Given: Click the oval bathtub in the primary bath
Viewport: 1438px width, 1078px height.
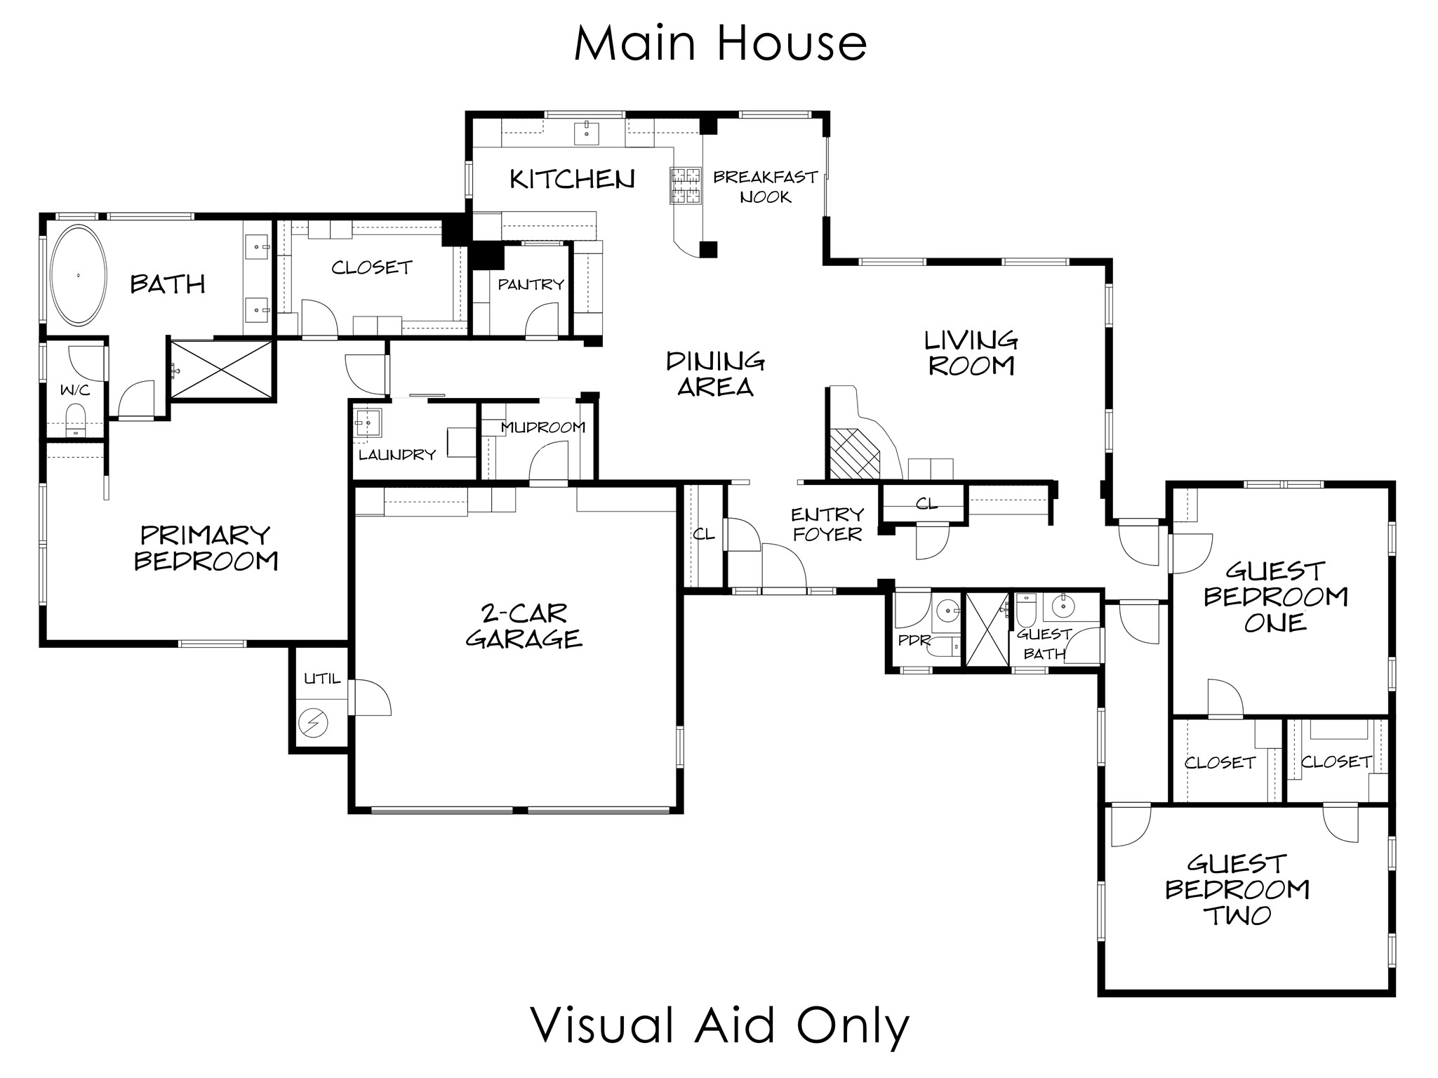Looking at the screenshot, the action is (x=78, y=275).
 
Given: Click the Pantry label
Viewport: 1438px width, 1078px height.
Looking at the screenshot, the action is (x=531, y=284).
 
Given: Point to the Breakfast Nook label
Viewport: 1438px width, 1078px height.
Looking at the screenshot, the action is (x=765, y=187).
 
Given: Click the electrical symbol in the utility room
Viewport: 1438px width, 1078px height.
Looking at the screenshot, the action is (x=313, y=722).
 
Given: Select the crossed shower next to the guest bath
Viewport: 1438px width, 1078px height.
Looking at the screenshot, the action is (x=987, y=629).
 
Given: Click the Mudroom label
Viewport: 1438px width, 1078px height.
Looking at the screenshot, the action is (x=543, y=427).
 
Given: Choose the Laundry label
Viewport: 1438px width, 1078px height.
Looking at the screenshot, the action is (x=397, y=454).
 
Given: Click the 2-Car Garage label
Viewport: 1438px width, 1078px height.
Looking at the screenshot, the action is (x=524, y=626).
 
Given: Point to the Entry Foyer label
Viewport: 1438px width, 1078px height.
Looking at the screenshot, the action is (x=827, y=524).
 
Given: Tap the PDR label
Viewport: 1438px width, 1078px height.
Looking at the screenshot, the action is (x=914, y=640).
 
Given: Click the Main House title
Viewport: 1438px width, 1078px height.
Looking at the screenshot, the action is (x=721, y=44).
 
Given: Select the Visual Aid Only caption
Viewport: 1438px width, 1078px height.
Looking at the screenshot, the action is (x=719, y=1025).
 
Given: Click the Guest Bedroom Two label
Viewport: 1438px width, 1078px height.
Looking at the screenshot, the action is (x=1237, y=889).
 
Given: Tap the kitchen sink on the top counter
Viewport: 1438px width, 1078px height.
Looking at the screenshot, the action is (x=586, y=132).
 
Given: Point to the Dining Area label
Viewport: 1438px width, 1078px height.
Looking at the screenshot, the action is (x=715, y=374).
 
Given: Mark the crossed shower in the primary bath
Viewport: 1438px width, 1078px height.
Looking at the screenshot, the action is (x=222, y=369).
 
